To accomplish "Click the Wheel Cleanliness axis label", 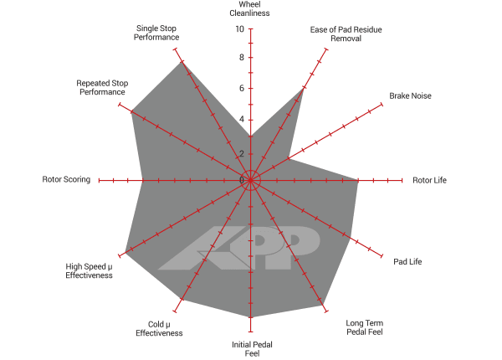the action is pos(249,8).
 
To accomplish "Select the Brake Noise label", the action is pos(410,95).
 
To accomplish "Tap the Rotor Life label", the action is pos(429,180).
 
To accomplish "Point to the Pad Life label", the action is pos(407,262).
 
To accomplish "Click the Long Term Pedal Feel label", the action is pos(364,327).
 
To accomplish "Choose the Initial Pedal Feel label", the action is pos(252,349).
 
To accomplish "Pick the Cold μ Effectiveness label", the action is pos(159,329).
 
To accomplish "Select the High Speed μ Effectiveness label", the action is pos(89,271).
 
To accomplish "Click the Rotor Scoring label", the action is pos(66,179).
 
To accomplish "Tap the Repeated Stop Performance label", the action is pos(102,87).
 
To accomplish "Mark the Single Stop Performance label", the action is pos(156,33).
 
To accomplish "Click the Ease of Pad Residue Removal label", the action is pos(346,34).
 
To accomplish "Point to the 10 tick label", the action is pos(240,29).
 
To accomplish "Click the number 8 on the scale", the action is pos(242,57).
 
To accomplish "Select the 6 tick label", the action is pos(242,88).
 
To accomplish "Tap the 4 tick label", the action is pos(242,120).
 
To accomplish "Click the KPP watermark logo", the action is pos(239,248).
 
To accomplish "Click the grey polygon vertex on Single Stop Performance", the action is pos(182,61).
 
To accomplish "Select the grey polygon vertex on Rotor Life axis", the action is pos(358,181).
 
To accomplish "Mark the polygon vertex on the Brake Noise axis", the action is pos(288,158).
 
